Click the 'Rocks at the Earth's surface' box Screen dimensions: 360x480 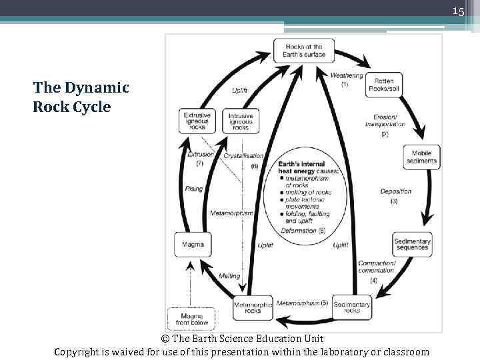[303, 50]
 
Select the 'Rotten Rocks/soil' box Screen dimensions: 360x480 [383, 85]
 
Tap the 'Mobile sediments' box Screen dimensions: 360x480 [422, 157]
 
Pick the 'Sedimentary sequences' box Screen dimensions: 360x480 [412, 244]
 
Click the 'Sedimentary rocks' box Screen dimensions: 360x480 [352, 307]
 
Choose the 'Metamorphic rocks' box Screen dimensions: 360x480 [253, 307]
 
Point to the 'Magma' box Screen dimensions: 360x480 [193, 244]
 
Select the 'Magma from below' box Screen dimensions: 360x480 [192, 319]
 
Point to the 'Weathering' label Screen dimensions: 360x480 [347, 75]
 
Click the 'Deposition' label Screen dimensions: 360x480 [396, 191]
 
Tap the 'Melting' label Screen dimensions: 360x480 [229, 275]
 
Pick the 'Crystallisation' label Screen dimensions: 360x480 [243, 155]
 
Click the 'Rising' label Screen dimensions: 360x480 [194, 189]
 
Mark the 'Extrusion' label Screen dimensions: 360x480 [201, 154]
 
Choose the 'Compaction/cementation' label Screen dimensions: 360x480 [377, 267]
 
